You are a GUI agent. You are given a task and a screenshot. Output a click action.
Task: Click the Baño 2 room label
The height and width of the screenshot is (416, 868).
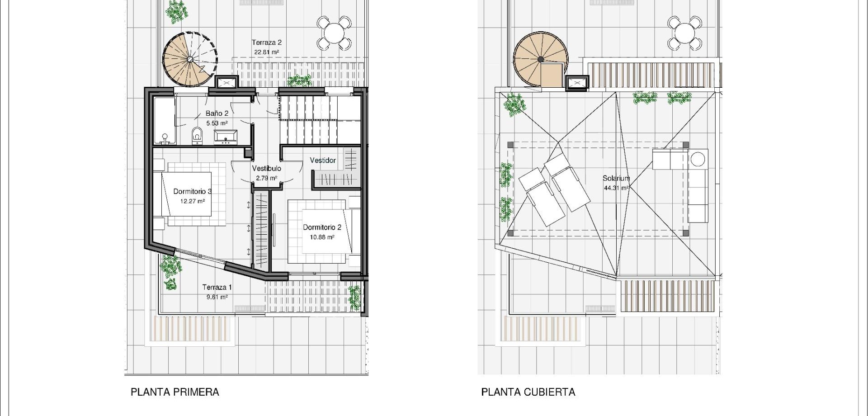coord(217,113)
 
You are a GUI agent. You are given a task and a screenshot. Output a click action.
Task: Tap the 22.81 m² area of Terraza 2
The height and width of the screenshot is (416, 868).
coord(266,52)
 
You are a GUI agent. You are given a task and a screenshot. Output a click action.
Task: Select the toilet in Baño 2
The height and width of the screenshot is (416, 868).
coord(197,135)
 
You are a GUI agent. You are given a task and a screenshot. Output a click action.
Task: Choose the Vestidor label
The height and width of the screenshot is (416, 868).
coord(323,161)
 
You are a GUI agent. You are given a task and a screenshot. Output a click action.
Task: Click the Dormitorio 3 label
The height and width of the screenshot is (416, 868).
coord(193,192)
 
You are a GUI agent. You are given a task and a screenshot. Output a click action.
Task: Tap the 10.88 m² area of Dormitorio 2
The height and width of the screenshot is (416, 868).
coord(322,237)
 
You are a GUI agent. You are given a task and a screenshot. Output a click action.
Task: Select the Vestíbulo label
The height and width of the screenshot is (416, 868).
coord(266,169)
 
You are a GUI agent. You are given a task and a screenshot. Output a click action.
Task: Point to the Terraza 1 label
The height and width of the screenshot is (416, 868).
coord(217,288)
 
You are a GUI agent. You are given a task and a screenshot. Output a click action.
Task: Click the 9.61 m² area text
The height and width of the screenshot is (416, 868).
coord(217,297)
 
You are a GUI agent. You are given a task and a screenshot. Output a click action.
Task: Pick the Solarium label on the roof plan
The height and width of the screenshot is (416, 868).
coord(616,179)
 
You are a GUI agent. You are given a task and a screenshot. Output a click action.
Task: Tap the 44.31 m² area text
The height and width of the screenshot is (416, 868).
coord(616,189)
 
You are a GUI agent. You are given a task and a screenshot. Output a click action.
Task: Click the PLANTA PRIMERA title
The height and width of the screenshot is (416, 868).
coord(175,392)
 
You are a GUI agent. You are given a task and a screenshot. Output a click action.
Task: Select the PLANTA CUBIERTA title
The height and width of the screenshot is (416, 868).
coord(528,392)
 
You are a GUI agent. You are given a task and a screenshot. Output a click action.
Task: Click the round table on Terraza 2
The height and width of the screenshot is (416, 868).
coord(334,33)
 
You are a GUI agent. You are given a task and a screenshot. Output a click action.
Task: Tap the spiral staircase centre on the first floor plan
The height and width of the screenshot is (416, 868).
coord(190,59)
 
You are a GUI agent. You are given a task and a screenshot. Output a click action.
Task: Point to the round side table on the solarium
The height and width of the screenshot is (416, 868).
coord(698,159)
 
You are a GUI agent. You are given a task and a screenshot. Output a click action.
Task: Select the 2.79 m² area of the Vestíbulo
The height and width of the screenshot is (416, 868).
coord(266,178)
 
